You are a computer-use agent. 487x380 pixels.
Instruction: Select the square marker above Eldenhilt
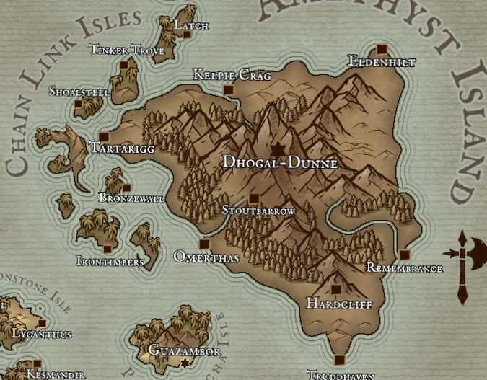382,49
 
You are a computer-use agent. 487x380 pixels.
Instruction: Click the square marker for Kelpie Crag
229,90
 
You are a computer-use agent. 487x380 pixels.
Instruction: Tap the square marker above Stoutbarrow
253,198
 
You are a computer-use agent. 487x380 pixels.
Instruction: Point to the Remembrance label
404,268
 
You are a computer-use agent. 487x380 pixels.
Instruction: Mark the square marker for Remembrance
404,255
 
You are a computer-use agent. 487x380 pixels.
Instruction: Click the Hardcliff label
339,304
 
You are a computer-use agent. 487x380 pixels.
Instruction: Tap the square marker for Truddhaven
339,360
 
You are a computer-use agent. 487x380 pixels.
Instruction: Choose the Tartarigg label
120,148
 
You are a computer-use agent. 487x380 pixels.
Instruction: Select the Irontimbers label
110,261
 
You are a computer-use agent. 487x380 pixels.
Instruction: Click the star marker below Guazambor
185,363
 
